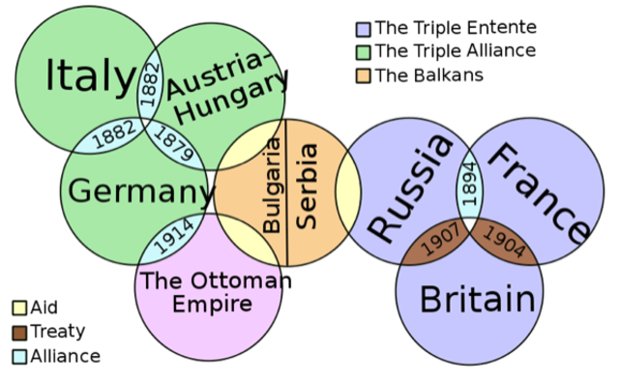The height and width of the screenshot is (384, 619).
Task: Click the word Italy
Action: [90, 75]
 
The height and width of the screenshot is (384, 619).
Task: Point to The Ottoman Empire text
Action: [211, 292]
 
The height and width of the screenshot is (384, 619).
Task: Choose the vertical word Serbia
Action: [307, 186]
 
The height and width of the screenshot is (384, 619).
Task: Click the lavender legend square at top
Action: [363, 30]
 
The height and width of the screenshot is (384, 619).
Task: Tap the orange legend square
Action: [363, 74]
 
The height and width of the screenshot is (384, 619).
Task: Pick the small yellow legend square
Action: [19, 310]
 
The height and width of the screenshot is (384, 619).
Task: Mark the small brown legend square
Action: [19, 333]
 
